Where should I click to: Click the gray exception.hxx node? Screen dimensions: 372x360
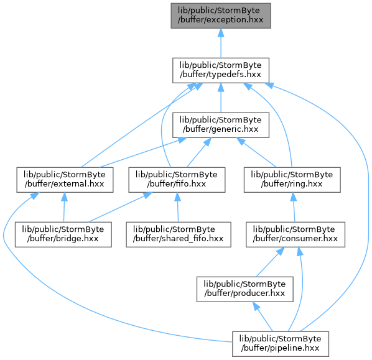[x=221, y=16]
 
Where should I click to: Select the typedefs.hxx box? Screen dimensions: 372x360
[x=221, y=70]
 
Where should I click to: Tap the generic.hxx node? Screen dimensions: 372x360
[x=221, y=125]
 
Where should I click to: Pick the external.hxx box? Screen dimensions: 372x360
[x=65, y=180]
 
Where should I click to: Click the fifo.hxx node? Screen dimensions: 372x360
[x=177, y=180]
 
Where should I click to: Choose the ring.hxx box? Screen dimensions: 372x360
[x=292, y=180]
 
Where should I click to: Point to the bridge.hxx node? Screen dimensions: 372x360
[x=63, y=234]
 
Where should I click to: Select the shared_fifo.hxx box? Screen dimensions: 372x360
[x=179, y=234]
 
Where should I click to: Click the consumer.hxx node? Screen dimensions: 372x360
[x=295, y=234]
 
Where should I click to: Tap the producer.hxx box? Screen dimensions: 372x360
[x=245, y=289]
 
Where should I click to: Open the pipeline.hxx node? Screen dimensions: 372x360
[x=281, y=344]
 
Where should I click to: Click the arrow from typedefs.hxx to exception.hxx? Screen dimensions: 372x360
[x=221, y=43]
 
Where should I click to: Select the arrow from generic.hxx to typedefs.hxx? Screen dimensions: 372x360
[x=221, y=98]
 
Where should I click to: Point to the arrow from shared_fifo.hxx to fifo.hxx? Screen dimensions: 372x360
[x=178, y=207]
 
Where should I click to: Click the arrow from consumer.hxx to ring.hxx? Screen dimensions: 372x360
[x=294, y=207]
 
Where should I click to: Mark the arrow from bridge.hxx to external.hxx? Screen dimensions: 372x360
[x=64, y=207]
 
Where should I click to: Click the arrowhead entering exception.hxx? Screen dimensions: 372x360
[x=221, y=33]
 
